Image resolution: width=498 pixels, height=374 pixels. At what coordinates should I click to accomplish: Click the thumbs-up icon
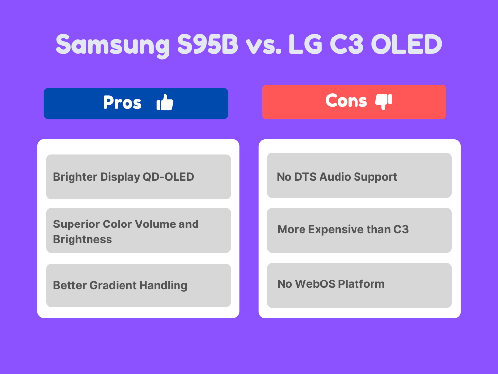point(165,103)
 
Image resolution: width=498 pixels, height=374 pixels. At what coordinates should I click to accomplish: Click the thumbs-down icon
point(384,101)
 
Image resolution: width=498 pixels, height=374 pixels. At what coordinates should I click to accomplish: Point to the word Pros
point(122,103)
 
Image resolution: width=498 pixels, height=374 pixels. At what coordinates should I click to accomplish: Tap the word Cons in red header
point(346,101)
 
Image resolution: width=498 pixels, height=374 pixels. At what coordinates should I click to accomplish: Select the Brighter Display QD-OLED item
point(138,177)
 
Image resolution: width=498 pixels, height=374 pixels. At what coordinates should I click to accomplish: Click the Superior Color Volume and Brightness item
point(138,231)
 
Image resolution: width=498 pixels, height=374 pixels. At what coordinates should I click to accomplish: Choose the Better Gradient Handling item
point(138,285)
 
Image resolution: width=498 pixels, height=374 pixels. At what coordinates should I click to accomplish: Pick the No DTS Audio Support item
point(359,176)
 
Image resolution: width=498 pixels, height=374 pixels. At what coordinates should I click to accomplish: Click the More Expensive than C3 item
point(359,229)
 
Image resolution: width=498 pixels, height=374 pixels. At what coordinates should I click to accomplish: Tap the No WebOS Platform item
point(359,284)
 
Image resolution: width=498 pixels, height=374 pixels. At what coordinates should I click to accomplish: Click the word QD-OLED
point(168,177)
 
